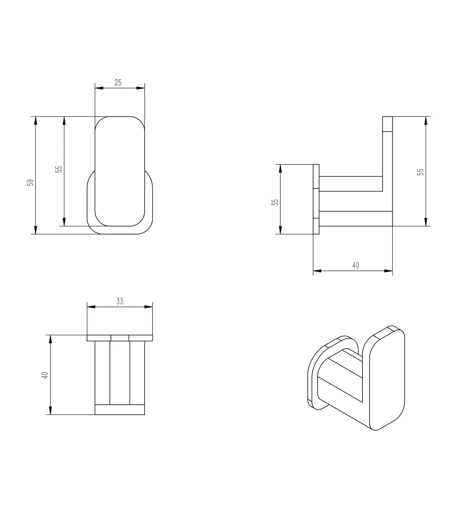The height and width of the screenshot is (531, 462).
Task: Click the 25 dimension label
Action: (118, 82)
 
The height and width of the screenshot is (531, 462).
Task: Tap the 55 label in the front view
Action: (59, 169)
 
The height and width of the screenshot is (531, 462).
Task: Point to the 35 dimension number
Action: (275, 202)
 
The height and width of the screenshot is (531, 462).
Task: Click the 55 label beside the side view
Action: (420, 171)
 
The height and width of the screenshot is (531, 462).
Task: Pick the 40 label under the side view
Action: (355, 265)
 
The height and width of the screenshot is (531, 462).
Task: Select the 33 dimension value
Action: (120, 302)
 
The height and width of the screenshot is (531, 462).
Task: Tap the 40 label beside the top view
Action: (45, 375)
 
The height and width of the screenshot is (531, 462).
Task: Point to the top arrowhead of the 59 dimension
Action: (36, 121)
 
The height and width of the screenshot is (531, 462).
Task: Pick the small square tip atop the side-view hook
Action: (387, 124)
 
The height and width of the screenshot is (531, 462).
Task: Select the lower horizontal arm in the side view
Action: (356, 218)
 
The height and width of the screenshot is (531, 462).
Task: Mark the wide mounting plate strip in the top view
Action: (120, 338)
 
